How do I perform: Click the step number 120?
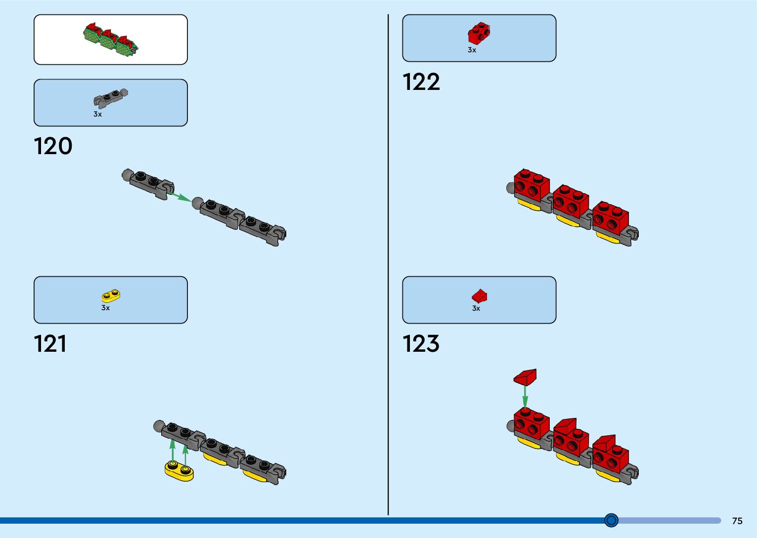[53, 146]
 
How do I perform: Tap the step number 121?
[50, 344]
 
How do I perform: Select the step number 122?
[421, 82]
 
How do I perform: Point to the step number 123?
[421, 344]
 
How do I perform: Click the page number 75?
[737, 521]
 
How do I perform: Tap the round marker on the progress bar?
[612, 520]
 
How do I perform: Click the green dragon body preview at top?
[110, 39]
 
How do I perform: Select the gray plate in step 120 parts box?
[110, 98]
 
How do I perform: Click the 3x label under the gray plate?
[97, 114]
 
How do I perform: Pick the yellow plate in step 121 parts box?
[111, 295]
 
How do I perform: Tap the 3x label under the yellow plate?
[105, 308]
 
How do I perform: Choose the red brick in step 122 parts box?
[479, 34]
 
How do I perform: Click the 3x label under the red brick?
[472, 50]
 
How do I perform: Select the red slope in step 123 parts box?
[479, 296]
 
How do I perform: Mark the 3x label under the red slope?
[476, 308]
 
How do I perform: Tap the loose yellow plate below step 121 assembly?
[179, 470]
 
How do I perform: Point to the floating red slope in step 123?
[525, 377]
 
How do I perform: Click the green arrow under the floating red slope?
[525, 396]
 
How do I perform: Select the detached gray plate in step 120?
[149, 183]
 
